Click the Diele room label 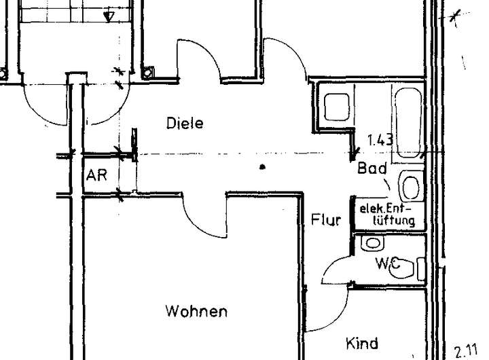pos(185,124)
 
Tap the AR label pos(96,175)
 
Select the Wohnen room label pos(196,312)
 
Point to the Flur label pos(325,219)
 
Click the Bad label pos(372,168)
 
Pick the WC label pos(385,262)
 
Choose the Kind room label pos(362,344)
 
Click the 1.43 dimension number pos(380,141)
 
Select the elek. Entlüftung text pos(386,214)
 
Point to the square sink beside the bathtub pos(336,107)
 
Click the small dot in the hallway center pos(262,166)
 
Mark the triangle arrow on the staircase pos(108,15)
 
